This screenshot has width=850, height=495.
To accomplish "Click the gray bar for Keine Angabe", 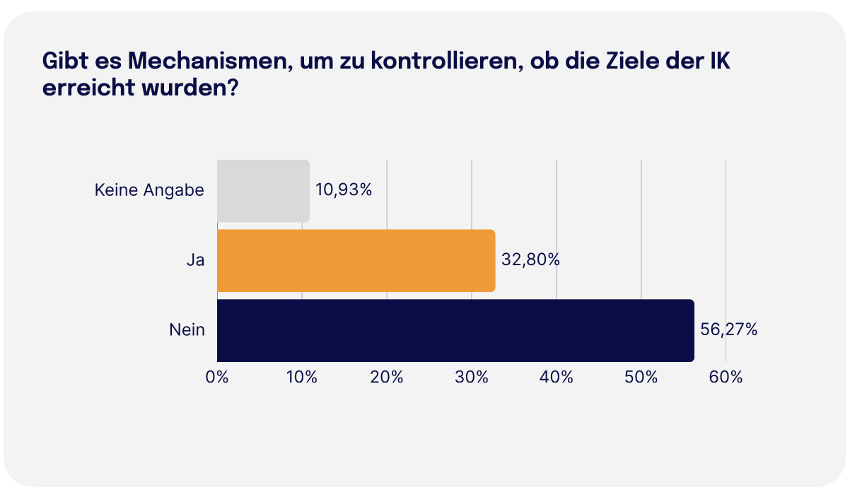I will tap(263, 191).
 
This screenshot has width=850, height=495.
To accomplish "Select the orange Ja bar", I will tap(356, 260).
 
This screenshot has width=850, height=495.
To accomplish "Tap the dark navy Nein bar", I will tap(455, 330).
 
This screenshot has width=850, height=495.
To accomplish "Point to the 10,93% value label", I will tap(344, 190).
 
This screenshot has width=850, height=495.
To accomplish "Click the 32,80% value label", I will tap(530, 260).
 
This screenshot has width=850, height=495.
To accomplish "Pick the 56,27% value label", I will tap(728, 330).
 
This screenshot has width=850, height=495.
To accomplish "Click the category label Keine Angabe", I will tap(149, 190).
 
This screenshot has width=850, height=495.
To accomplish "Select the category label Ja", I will tap(195, 260).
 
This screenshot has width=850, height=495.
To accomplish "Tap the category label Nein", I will tap(187, 330).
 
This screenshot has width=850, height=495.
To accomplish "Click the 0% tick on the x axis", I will tap(217, 378).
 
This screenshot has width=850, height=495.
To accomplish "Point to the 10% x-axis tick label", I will tap(302, 378).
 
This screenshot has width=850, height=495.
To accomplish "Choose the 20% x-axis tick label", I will tap(387, 378).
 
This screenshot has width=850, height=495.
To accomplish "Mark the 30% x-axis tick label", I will tap(472, 378).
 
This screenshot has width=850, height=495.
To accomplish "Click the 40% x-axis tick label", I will tap(557, 378).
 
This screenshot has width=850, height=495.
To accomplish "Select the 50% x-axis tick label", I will tap(641, 378).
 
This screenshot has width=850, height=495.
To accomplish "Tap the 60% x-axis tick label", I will tap(726, 378).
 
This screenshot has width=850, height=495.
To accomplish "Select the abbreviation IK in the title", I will tap(718, 62).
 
